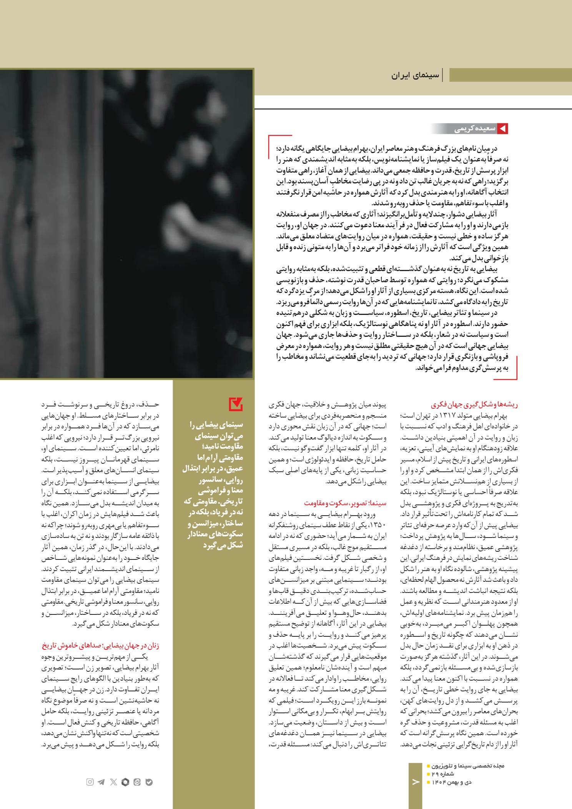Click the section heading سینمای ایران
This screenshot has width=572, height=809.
click(x=415, y=75)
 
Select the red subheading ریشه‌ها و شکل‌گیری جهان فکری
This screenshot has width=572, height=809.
click(x=474, y=405)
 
